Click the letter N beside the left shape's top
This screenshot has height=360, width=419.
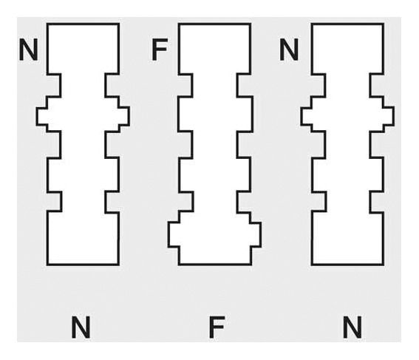pos(28,50)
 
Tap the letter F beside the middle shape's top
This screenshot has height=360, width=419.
pos(160,50)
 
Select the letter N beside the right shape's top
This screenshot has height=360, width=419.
pos(289,50)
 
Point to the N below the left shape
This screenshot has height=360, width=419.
pos(81,327)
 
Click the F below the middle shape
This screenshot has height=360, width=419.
pos(217,327)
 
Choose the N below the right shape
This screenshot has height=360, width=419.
pos(352,327)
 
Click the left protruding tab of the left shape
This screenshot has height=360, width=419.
pos(42,116)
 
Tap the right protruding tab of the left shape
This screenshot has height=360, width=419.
pos(124,116)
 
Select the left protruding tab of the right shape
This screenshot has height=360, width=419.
pos(306,116)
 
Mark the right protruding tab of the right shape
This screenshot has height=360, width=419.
pos(389,116)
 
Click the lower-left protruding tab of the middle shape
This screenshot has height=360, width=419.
pos(174,234)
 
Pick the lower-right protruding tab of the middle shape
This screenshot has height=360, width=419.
pos(256,234)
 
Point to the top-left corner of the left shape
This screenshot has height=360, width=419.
pos(47,24)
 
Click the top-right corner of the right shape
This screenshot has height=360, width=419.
pos(384,24)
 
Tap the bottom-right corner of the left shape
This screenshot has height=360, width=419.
pos(118,265)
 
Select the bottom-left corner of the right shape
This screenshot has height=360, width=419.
pos(312,265)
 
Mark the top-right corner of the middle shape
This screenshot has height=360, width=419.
pos(251,24)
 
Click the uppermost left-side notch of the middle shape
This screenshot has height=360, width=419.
pos(185,85)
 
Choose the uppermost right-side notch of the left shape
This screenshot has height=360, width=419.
pos(112,85)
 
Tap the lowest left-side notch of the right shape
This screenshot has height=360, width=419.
pos(319,202)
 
